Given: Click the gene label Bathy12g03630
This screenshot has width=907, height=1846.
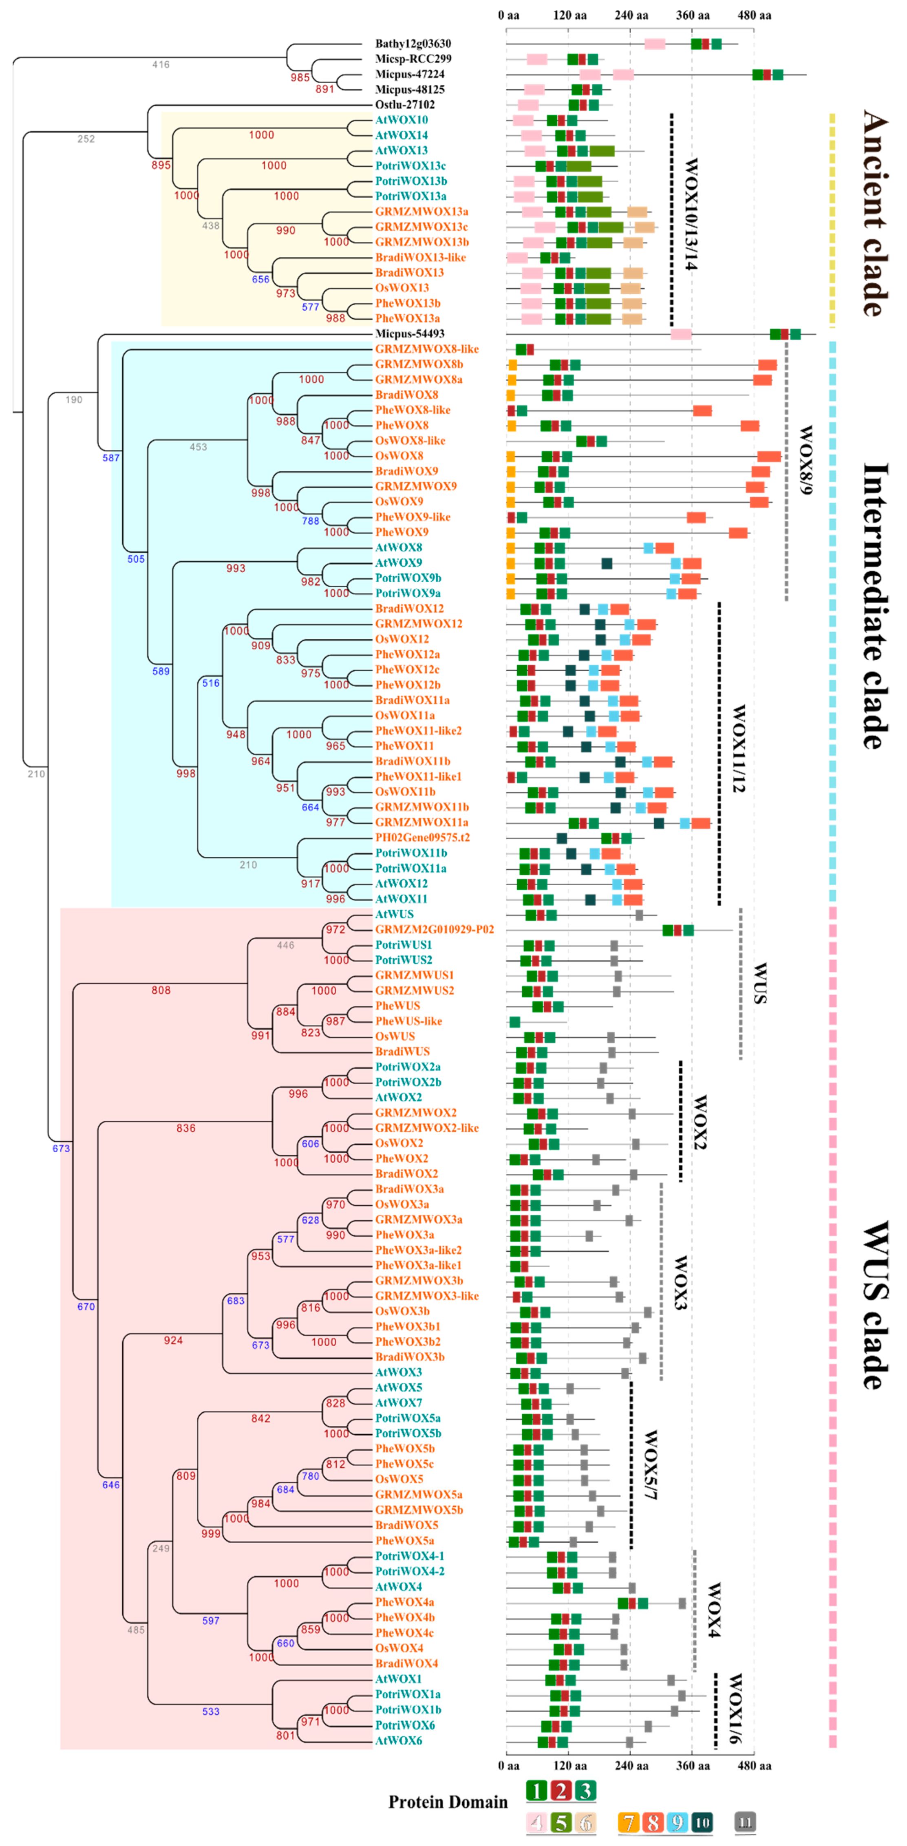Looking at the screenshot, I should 413,44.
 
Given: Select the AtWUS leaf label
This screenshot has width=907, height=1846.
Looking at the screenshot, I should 394,914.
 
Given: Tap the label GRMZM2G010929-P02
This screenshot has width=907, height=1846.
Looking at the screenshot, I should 434,929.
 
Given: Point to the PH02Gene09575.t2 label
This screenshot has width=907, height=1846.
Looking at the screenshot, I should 422,838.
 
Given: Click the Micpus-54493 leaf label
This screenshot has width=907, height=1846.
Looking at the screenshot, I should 409,334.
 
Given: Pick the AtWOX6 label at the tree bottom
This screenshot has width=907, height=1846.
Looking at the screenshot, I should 398,1741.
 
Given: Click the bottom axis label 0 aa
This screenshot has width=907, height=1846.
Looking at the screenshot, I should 509,1765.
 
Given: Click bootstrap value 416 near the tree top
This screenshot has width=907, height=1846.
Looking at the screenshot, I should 161,64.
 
